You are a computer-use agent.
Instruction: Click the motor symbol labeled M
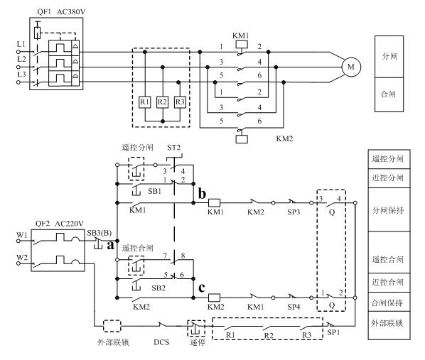tap(351, 67)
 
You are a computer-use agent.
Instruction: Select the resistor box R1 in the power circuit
tap(145, 102)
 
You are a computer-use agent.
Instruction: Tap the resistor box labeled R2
tap(162, 102)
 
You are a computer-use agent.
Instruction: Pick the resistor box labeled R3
tap(180, 102)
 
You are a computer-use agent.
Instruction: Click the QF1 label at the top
tap(44, 12)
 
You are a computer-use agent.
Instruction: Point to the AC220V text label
tap(69, 224)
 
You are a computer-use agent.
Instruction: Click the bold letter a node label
tap(110, 246)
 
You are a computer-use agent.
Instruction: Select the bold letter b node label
tap(202, 193)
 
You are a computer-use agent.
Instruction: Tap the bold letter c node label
tap(201, 288)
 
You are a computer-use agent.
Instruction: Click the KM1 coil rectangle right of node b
tap(214, 202)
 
